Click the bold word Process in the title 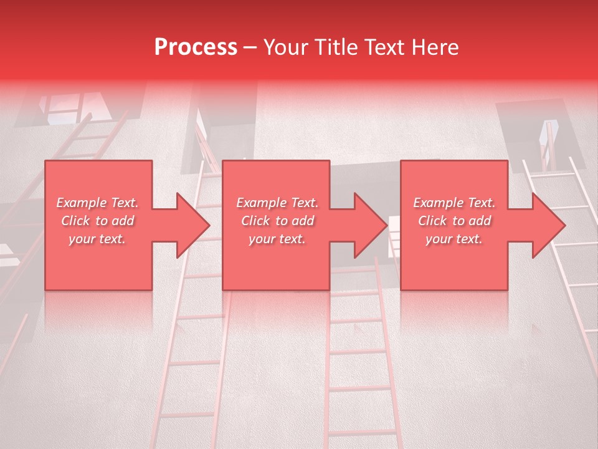[196, 47]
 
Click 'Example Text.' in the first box [97, 203]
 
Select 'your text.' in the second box [277, 239]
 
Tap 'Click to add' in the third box [455, 221]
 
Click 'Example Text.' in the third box [454, 203]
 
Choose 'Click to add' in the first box [97, 221]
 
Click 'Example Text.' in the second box [277, 203]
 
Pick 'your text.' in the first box [97, 239]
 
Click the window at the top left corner [69, 106]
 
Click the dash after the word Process [250, 47]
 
